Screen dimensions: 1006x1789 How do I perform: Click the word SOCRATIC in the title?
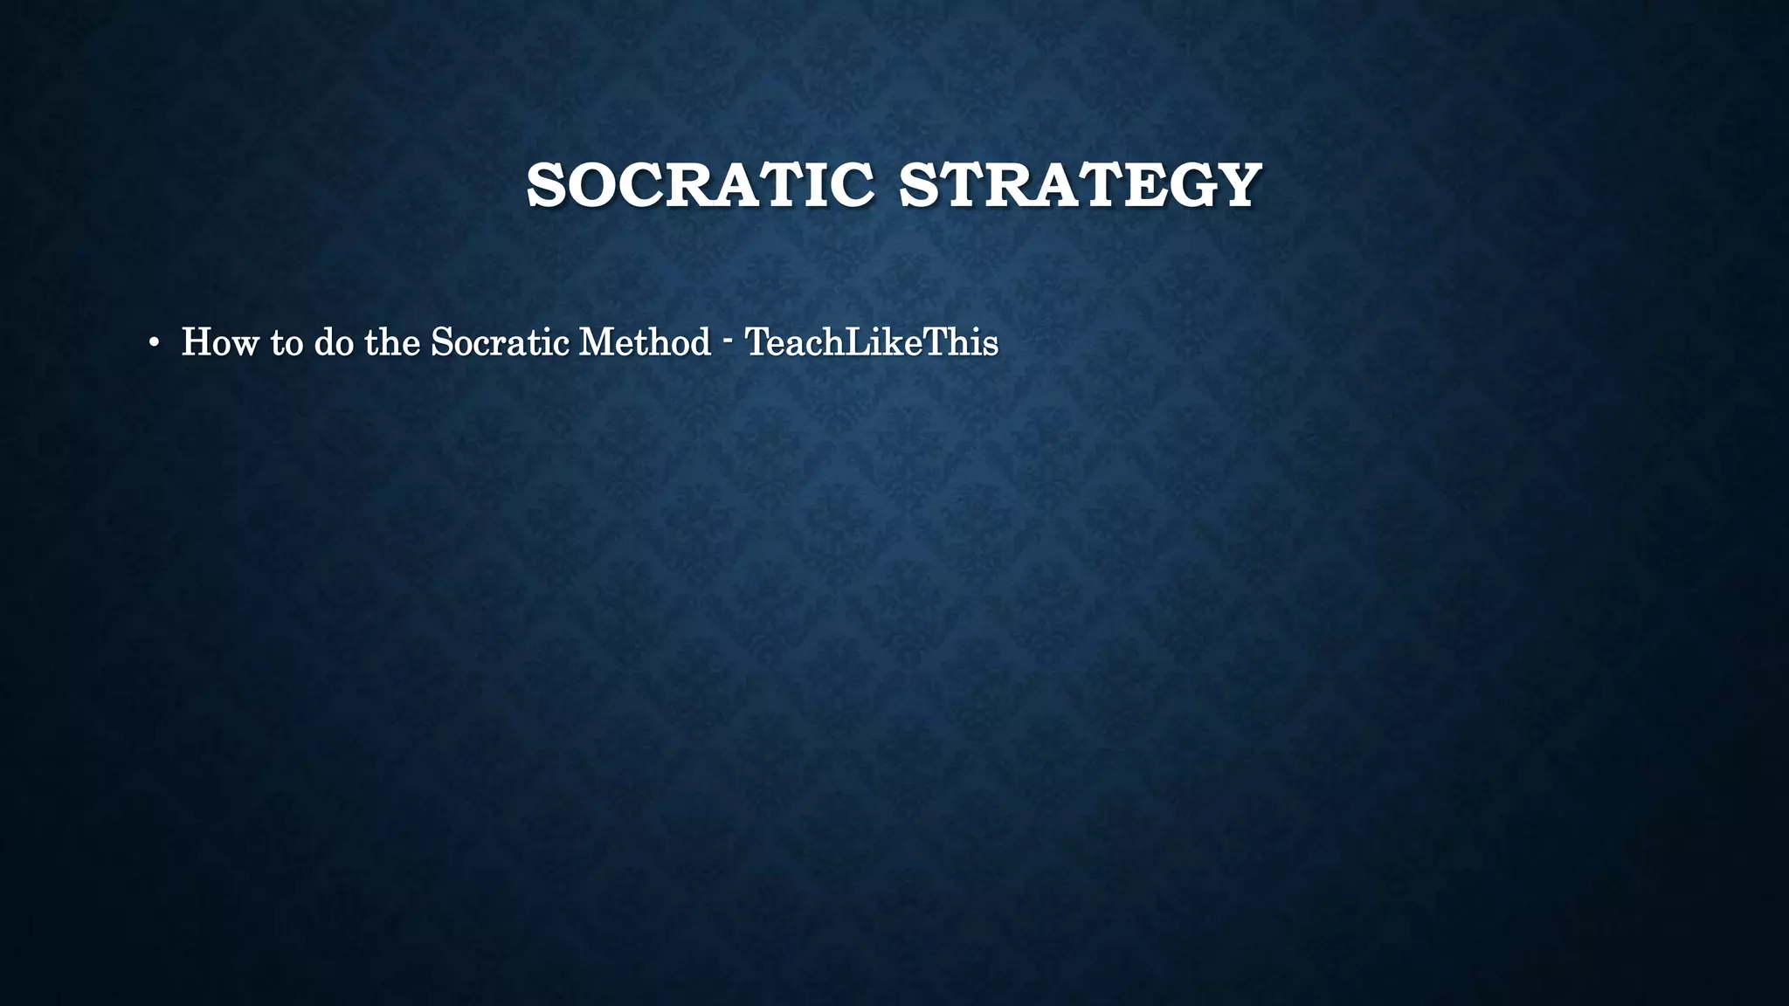700,185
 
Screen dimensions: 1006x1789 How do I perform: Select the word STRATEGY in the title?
1080,185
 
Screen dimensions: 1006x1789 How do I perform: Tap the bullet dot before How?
154,343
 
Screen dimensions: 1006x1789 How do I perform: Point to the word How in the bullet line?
220,342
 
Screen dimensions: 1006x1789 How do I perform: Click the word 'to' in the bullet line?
287,342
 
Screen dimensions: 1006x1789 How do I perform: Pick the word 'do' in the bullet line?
334,342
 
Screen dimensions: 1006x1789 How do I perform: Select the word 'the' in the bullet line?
392,342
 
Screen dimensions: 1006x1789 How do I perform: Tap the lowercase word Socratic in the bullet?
501,342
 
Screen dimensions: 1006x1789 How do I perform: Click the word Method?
645,342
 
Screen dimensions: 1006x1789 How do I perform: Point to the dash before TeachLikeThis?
728,342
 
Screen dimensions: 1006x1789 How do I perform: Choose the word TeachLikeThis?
872,342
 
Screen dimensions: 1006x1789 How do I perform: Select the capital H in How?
196,342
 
